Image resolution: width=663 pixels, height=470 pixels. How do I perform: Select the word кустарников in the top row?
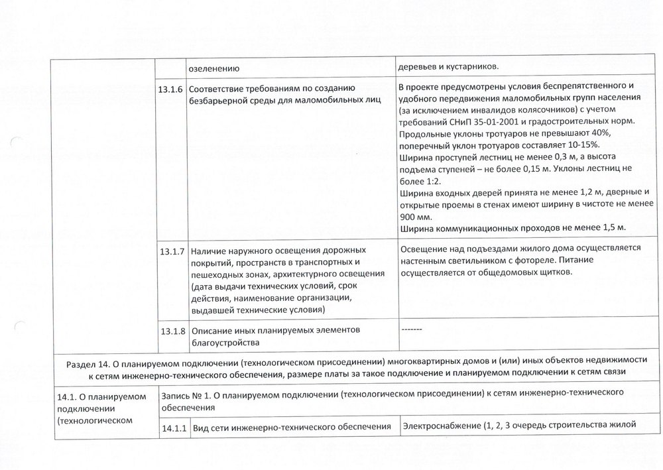coord(468,66)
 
